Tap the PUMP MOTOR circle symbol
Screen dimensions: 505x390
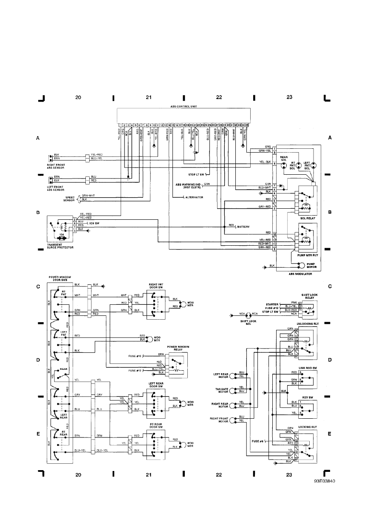click(301, 265)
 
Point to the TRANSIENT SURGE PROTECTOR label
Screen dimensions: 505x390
click(62, 247)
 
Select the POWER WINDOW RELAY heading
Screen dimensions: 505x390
click(178, 348)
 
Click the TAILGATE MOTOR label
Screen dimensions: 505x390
click(222, 390)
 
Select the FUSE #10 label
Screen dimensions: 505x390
click(135, 355)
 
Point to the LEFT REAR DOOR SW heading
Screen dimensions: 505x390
click(157, 385)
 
